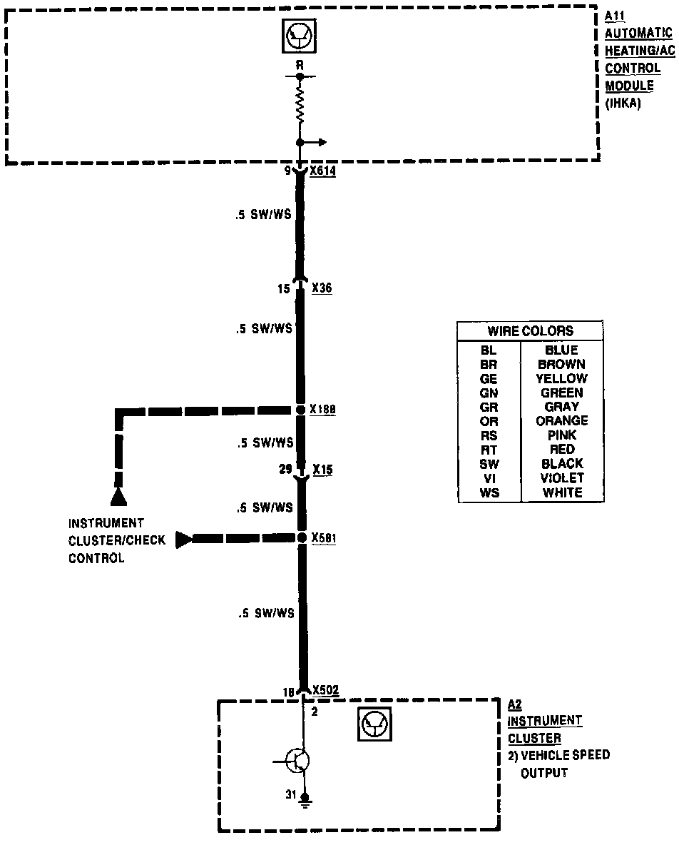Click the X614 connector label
coord(323,172)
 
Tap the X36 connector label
coord(322,289)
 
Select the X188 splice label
coord(323,410)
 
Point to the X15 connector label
coord(322,470)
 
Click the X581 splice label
coord(323,537)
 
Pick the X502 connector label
coord(325,690)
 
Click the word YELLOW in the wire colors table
coord(562,378)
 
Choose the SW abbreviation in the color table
coord(489,464)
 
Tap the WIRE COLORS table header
coord(530,331)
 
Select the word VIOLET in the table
coord(562,478)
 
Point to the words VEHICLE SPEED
coord(565,755)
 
